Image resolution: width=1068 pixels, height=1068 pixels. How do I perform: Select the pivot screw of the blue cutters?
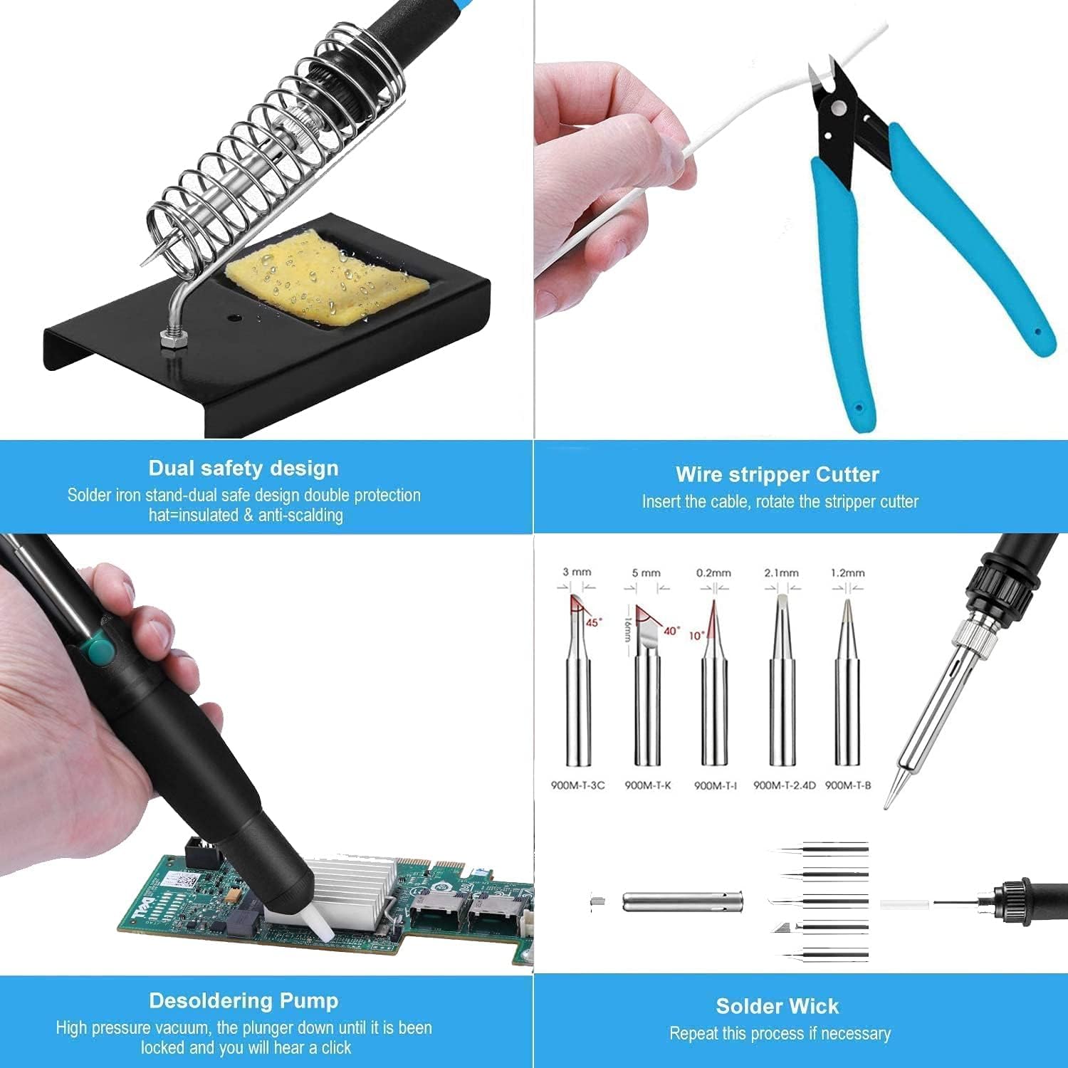coord(838,108)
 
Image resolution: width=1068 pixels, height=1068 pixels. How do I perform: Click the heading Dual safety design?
coord(244,468)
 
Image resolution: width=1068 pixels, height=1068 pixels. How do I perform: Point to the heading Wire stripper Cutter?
coord(778,474)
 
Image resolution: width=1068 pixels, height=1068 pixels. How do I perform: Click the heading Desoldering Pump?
coord(244,1000)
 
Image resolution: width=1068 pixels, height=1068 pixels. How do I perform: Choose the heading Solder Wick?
coord(778,1006)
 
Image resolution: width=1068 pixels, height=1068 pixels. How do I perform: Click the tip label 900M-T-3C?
coord(577,785)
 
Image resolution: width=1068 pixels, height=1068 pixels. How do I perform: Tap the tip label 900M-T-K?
coord(647,785)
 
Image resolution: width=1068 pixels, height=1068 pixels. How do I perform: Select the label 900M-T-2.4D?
coord(784,785)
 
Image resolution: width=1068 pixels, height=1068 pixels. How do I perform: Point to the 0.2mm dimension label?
coord(713,572)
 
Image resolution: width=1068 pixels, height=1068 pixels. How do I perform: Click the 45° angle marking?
coord(594,622)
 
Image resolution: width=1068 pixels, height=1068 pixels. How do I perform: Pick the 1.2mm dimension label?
coord(847,572)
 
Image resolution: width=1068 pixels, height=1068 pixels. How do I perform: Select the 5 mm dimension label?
coord(646,572)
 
